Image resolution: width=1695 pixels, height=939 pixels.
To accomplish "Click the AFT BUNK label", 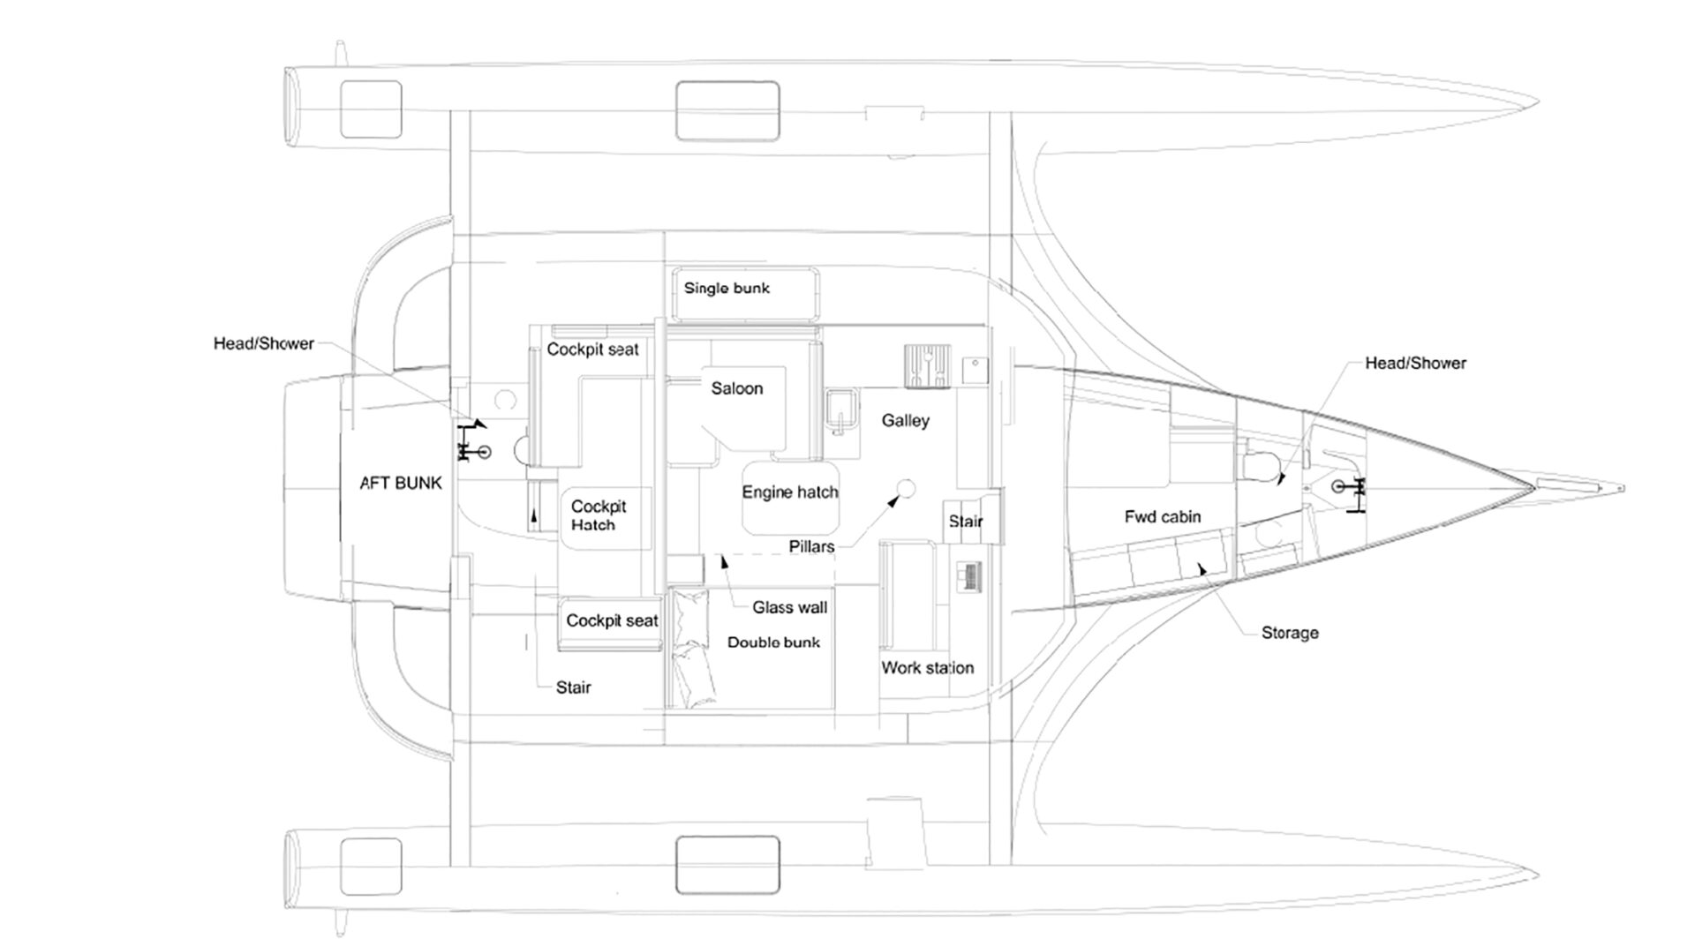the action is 401,484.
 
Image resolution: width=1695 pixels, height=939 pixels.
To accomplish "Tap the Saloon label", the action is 737,388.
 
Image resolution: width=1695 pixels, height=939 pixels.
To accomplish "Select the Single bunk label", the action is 727,288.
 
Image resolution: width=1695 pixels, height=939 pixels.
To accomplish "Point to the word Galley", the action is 905,421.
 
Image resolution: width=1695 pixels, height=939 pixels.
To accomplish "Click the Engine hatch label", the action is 790,492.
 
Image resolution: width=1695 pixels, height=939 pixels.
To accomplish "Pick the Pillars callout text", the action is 811,547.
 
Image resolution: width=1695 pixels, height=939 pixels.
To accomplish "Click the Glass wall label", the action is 790,607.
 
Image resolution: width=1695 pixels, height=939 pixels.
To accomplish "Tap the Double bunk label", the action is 773,642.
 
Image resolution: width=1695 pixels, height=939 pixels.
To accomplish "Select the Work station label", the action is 928,668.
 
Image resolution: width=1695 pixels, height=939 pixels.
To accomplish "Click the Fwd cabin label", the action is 1163,517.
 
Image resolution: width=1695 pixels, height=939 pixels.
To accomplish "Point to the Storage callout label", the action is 1290,633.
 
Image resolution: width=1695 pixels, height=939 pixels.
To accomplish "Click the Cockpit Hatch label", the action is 599,515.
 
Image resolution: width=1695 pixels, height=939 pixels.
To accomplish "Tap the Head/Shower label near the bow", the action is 1415,363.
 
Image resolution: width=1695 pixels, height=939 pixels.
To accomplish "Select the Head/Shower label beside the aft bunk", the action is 264,343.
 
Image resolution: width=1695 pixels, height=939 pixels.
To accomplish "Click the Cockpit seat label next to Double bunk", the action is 612,620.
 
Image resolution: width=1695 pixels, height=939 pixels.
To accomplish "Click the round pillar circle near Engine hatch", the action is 906,488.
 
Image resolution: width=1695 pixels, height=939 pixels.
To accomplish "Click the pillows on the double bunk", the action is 691,649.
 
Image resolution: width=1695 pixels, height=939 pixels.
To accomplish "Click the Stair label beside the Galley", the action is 966,522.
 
